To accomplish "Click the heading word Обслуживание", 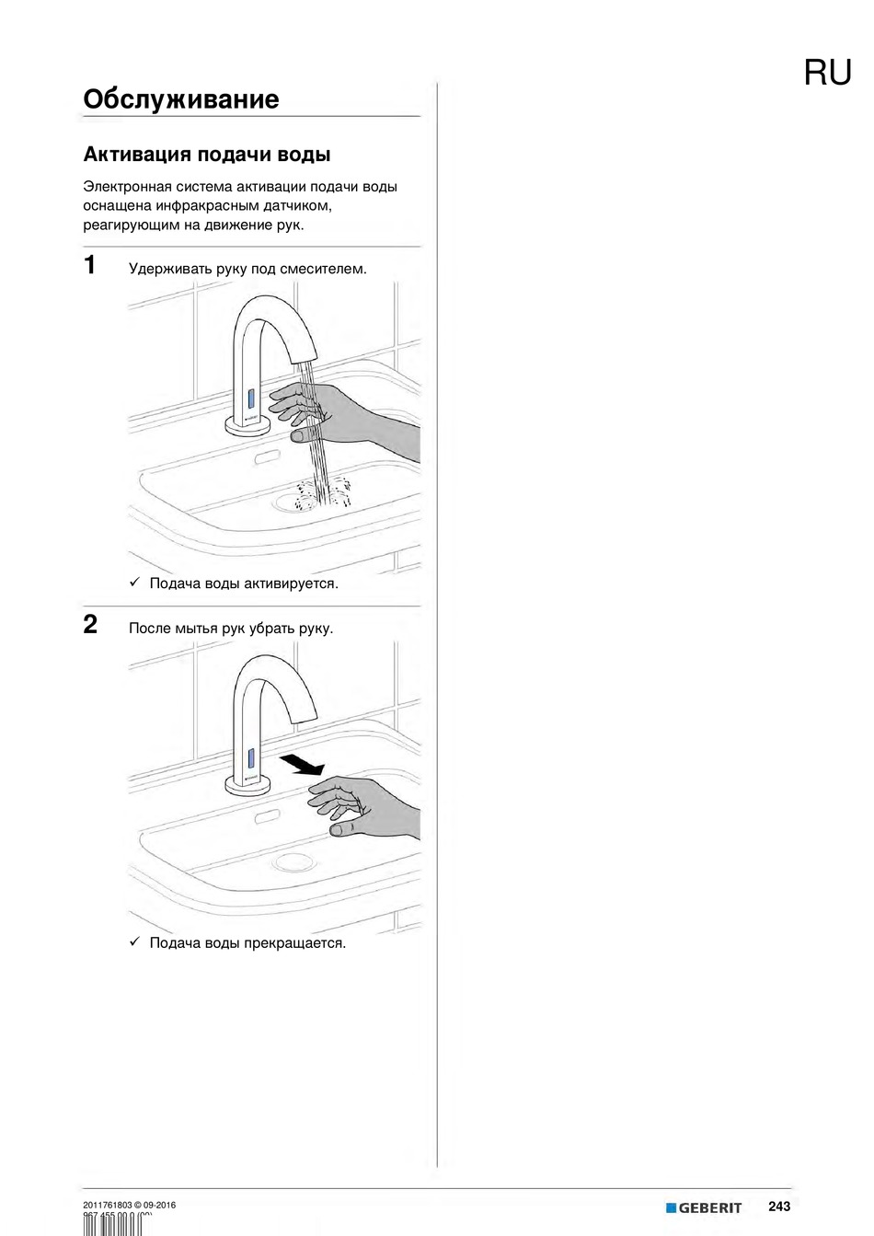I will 180,99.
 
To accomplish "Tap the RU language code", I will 827,73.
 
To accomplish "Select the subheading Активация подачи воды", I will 207,154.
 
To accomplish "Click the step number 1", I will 90,266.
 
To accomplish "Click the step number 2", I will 90,625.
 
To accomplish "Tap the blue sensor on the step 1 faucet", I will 249,399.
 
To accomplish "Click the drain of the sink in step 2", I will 293,862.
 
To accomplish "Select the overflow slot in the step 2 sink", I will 268,815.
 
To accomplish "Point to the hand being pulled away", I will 363,805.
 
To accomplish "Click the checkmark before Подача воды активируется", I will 133,583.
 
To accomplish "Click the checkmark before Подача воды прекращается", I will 133,941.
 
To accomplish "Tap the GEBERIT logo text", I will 709,1208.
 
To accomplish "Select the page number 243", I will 778,1207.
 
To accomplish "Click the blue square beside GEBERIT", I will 671,1207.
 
